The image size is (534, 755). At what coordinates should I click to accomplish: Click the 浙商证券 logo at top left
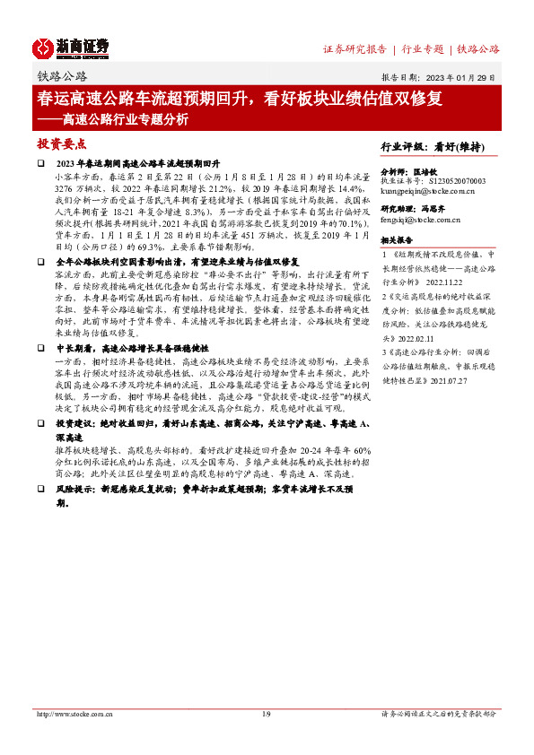[72, 48]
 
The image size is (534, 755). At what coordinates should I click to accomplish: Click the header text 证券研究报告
[355, 49]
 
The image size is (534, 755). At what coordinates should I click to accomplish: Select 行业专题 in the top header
[422, 49]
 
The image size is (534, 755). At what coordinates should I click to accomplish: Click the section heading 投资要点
[61, 143]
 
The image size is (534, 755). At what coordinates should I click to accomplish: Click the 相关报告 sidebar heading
[397, 240]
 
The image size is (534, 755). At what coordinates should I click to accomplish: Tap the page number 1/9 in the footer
[266, 714]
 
